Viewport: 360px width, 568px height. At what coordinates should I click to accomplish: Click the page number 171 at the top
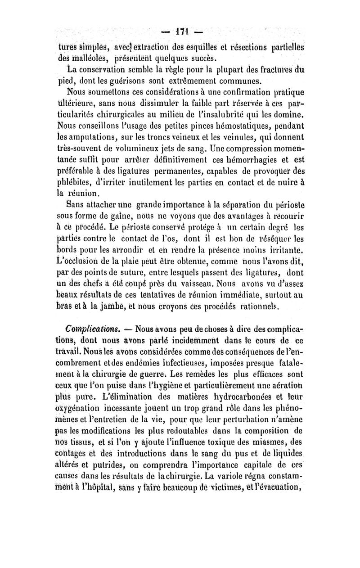[x=180, y=33]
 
